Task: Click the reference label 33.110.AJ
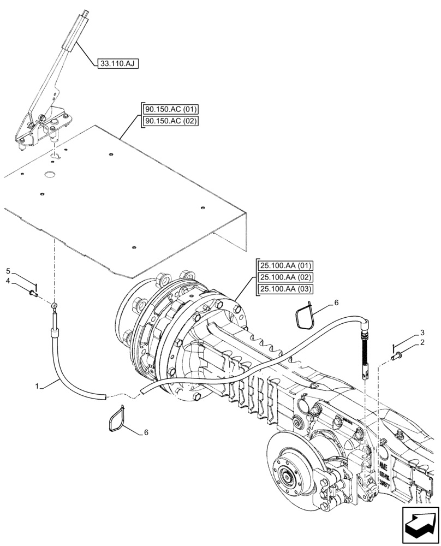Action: click(x=118, y=64)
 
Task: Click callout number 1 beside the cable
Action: click(x=38, y=386)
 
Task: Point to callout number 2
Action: click(x=422, y=342)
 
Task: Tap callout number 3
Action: click(x=422, y=332)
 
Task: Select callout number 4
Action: click(x=8, y=281)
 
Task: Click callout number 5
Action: click(x=8, y=271)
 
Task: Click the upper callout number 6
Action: click(x=337, y=302)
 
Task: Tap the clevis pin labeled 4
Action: click(x=33, y=295)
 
